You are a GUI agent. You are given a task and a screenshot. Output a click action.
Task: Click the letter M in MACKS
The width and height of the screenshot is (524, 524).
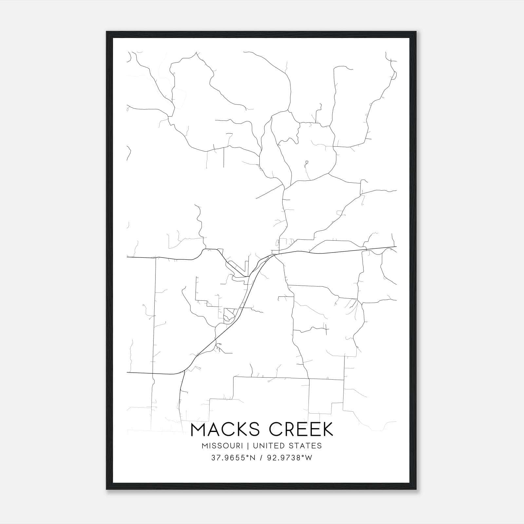click(198, 429)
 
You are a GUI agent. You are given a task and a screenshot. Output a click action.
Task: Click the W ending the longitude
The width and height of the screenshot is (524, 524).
click(309, 458)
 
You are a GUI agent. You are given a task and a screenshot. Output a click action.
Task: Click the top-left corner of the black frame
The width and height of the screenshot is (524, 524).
click(107, 32)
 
